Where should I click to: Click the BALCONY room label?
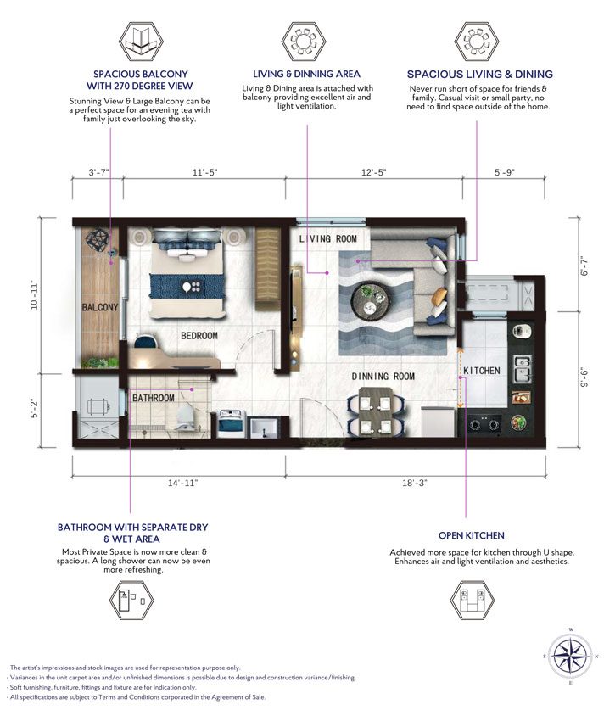[x=100, y=307]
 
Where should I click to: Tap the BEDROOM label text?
[x=199, y=336]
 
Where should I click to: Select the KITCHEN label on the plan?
[x=482, y=371]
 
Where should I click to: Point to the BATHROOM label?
[x=153, y=398]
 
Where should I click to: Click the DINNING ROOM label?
[x=383, y=377]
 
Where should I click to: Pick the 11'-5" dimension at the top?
[x=205, y=172]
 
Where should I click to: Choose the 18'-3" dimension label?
[x=415, y=483]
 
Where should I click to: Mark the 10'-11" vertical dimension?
[x=35, y=296]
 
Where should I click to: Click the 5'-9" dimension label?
[x=505, y=172]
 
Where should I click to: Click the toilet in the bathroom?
[x=185, y=418]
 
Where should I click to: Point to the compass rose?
[x=571, y=656]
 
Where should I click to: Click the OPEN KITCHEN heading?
[x=472, y=535]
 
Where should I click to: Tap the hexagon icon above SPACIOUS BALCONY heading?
[x=141, y=42]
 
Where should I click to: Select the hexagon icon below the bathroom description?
[x=131, y=601]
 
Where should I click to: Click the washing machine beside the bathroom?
[x=232, y=424]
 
